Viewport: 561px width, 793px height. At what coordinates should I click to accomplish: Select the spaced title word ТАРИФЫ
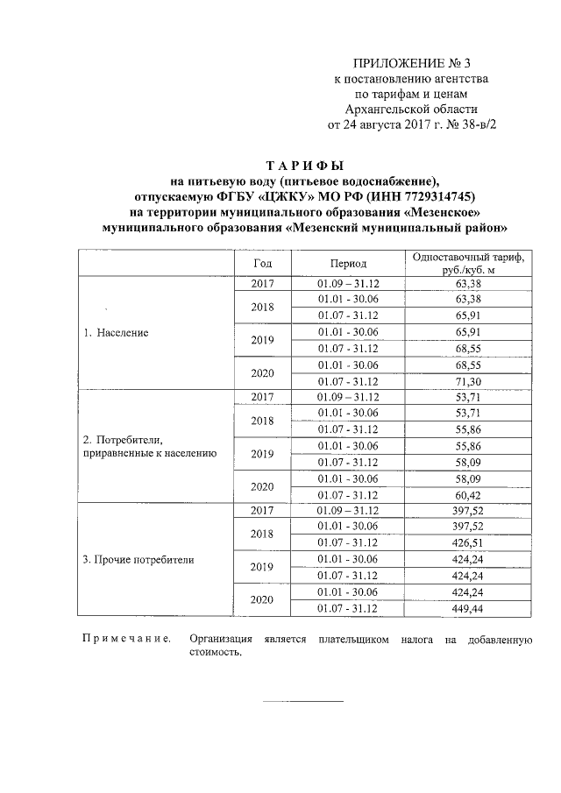(x=304, y=166)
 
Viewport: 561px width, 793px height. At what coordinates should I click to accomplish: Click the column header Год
(x=263, y=263)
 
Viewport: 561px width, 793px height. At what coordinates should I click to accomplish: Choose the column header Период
(x=348, y=263)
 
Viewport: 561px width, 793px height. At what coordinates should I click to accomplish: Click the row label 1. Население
(x=116, y=333)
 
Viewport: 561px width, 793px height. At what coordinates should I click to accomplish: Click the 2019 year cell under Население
(x=263, y=341)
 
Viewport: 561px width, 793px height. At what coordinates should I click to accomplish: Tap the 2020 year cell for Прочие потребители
(x=263, y=599)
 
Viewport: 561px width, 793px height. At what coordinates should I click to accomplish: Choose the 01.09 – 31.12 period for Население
(x=348, y=284)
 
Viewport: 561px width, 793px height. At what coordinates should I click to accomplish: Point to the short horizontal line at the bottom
(x=304, y=700)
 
